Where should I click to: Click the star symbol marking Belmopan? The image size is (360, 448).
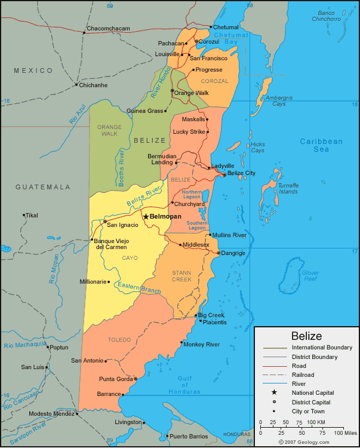145,216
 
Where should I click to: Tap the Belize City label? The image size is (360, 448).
242,173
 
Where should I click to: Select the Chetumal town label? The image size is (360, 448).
226,27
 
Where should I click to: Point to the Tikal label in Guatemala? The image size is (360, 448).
31,215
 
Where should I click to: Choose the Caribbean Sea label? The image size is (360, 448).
321,145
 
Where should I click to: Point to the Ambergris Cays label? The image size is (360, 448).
279,100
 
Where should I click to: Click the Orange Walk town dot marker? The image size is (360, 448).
172,91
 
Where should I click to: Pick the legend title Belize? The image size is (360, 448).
306,336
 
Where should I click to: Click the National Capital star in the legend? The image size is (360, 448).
274,392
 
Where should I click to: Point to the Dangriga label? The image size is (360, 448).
233,253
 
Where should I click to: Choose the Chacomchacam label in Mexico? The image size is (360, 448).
107,29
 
